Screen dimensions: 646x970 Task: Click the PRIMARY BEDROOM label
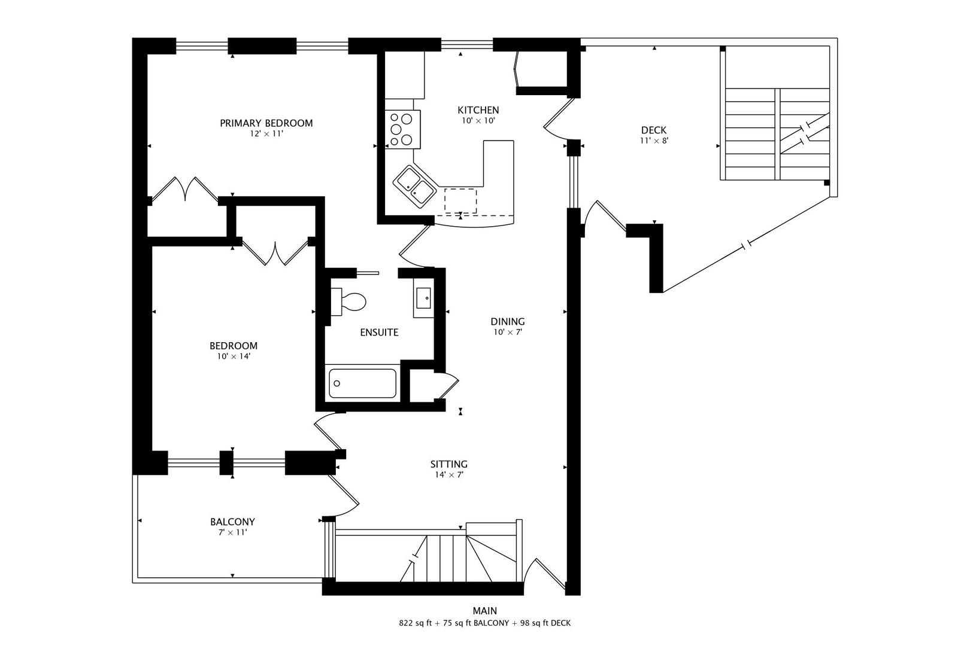[266, 123]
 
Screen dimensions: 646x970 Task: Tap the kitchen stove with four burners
[402, 129]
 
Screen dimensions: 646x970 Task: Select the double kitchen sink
[414, 187]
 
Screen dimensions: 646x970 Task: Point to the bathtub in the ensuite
[362, 383]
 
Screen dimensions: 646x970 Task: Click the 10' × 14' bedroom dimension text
[234, 356]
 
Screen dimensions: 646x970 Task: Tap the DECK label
[653, 130]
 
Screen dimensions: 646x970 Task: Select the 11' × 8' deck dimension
[653, 141]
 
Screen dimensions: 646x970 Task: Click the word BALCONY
[232, 522]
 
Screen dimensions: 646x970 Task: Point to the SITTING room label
[448, 464]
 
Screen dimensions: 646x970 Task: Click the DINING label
[508, 322]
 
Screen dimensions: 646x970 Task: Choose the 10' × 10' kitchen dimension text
[478, 120]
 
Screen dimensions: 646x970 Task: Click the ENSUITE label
[379, 333]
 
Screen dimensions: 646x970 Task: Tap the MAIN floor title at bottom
[484, 611]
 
